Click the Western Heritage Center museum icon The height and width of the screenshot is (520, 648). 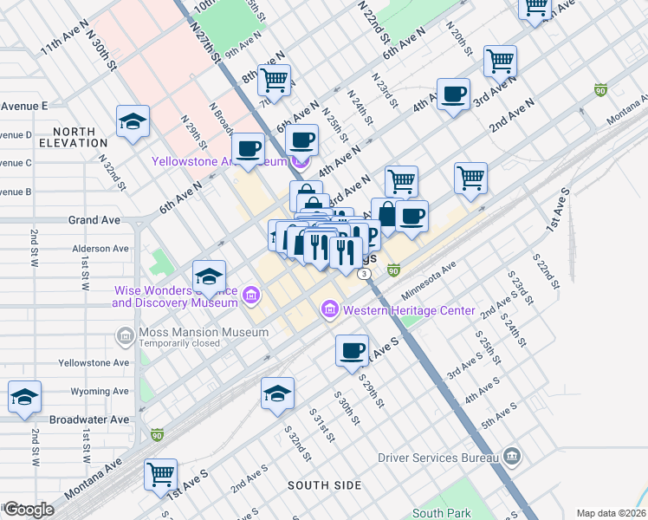[x=329, y=309]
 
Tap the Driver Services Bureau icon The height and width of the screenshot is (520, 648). [x=511, y=456]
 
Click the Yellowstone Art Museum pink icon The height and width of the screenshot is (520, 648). [x=301, y=161]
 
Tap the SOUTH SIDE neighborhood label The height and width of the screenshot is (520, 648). [x=325, y=485]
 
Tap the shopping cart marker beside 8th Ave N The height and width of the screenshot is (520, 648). [x=274, y=80]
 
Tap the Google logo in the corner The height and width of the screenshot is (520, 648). [x=29, y=509]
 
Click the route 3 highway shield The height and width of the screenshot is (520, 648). [x=366, y=274]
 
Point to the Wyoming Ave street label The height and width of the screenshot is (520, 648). [x=100, y=392]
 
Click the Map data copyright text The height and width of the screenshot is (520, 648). [x=611, y=513]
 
